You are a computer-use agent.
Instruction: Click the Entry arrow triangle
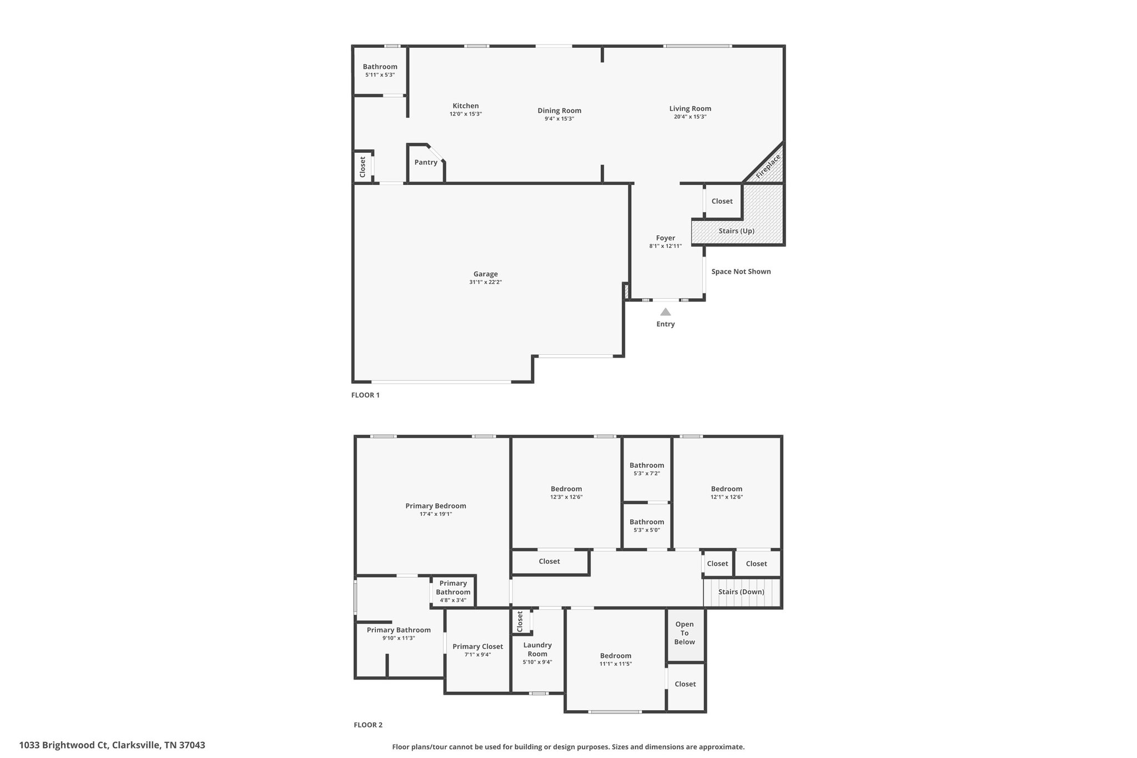coord(665,312)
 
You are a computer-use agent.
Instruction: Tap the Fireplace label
coord(768,166)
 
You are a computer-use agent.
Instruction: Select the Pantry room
coord(426,163)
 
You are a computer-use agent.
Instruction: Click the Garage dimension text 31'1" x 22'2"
coord(485,282)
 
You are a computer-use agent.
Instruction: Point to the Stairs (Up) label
coord(736,231)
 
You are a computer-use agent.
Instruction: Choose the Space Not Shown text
coord(741,272)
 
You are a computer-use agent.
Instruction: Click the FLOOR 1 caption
coord(365,395)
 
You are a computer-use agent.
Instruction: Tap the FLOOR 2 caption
coord(368,725)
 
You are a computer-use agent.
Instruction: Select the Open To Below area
coord(685,635)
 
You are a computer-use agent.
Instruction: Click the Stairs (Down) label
coord(741,592)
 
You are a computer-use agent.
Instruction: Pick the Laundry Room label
coord(537,650)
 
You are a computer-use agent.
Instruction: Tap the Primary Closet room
coord(477,650)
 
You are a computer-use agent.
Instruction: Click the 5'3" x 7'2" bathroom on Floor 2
coord(647,469)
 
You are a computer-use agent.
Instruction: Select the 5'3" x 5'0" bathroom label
coord(647,525)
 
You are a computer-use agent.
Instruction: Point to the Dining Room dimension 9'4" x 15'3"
coord(559,119)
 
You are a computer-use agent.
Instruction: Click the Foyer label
coord(666,238)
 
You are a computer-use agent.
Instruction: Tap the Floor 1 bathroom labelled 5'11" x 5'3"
coord(380,71)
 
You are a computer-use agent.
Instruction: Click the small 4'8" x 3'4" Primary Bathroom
coord(453,591)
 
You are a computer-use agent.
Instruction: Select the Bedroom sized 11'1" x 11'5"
coord(616,660)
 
